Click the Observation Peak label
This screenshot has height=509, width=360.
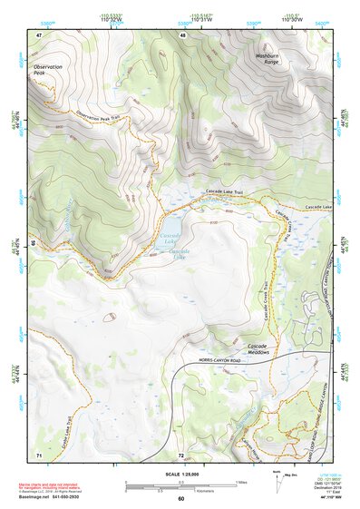[x=49, y=71]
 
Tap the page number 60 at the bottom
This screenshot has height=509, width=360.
[x=180, y=499]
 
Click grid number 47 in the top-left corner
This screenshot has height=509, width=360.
[x=39, y=34]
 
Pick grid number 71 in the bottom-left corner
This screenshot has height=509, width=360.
[x=39, y=453]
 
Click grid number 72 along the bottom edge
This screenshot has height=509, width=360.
[x=181, y=453]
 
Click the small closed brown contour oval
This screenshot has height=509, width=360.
[x=110, y=318]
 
